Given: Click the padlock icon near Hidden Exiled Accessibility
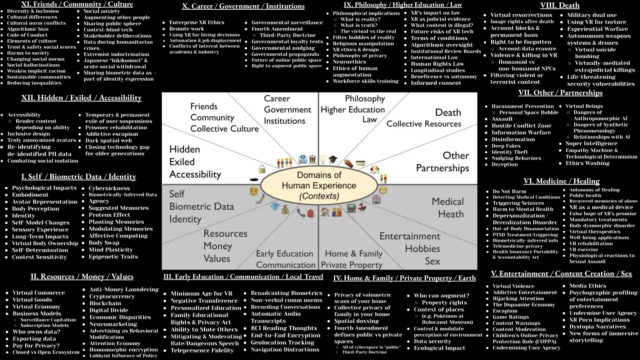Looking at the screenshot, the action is tap(262, 169).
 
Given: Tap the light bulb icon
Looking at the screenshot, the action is tap(323, 159).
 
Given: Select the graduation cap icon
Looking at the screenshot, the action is tap(333, 159).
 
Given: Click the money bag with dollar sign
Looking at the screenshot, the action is tap(285, 209).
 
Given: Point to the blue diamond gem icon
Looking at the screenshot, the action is tap(274, 207).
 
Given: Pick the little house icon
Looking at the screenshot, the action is tap(325, 212).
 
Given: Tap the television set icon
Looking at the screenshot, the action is tap(351, 208).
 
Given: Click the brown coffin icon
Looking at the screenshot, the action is tap(349, 163).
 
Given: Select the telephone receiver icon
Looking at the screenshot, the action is tap(301, 213).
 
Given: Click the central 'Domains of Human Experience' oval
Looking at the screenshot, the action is tap(319, 185).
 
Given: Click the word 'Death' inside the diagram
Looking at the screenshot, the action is tap(448, 112).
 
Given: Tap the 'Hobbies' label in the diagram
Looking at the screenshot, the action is tap(422, 249).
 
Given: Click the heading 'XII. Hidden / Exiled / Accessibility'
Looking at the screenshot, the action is tap(81, 98).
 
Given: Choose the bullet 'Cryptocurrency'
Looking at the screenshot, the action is tap(112, 296).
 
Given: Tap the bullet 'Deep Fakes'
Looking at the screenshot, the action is tap(506, 146).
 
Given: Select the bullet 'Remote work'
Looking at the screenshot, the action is tap(187, 29).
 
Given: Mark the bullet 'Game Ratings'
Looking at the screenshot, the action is tap(511, 317).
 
